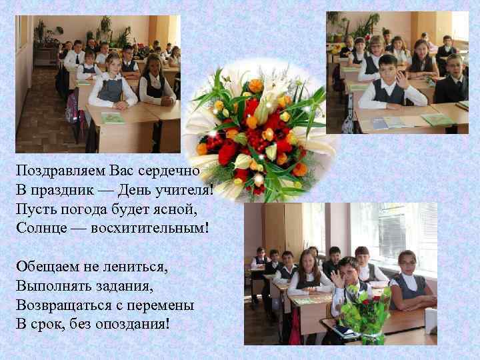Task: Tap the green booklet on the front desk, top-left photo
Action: (113, 118)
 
